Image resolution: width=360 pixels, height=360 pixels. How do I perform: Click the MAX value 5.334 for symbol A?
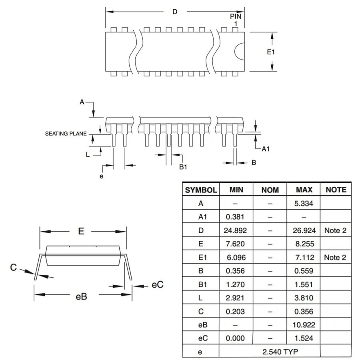[304, 203]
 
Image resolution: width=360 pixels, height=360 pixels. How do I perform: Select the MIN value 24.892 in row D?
[236, 230]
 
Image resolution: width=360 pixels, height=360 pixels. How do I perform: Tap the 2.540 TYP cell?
[269, 352]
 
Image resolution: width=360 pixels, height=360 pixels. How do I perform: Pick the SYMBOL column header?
[201, 190]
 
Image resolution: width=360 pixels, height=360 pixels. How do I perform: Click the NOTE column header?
[336, 190]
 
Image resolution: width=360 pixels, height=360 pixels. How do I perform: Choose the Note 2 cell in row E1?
[335, 257]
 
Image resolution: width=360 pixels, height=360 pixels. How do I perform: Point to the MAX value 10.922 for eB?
[304, 325]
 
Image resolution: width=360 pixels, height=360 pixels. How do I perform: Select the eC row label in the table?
[201, 338]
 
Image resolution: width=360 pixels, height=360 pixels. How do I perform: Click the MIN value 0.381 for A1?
[235, 217]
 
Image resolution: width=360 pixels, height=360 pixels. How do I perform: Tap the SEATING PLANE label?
[66, 134]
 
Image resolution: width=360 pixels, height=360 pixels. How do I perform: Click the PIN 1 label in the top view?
[236, 20]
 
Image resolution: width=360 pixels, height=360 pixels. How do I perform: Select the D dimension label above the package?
[175, 12]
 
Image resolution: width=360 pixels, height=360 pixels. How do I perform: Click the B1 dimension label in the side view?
[183, 167]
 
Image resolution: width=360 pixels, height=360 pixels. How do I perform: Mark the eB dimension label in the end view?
[81, 296]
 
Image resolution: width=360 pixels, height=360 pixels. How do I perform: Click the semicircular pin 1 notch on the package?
[239, 52]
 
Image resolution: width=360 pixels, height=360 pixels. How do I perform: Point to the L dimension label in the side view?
[88, 155]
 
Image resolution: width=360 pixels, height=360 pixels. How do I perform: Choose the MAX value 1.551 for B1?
[304, 284]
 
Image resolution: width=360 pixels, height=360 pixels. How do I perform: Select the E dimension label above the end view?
[81, 231]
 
